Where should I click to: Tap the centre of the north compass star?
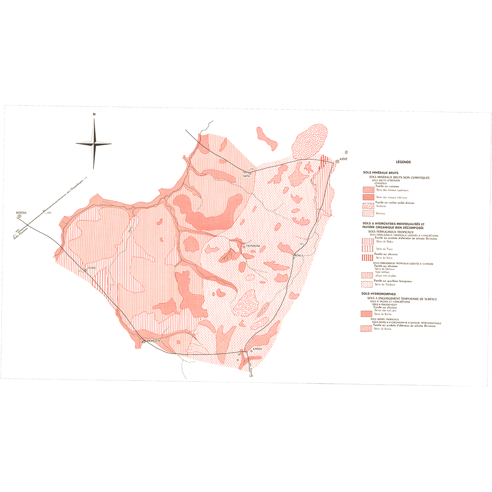click(94, 143)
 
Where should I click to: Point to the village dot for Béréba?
click(19, 215)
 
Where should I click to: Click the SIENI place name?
click(247, 175)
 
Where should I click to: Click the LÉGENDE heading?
click(404, 162)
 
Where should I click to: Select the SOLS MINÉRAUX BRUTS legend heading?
click(381, 172)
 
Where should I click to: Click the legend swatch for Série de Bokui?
click(368, 242)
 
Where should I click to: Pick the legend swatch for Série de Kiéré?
click(368, 257)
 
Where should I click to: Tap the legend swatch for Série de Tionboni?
click(368, 284)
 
